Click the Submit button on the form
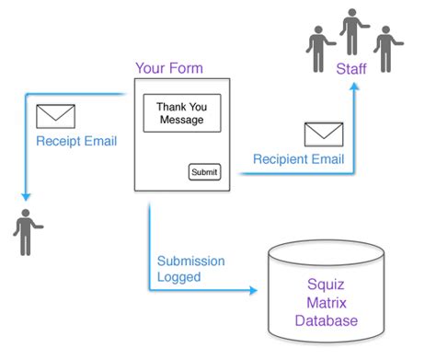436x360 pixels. coord(203,172)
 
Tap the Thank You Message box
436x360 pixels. coord(181,112)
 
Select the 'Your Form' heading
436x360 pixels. coord(169,68)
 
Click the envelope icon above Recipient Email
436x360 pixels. coord(323,134)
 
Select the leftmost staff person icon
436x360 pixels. coord(319,49)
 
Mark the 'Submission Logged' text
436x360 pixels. coord(190,268)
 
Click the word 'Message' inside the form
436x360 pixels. coord(181,120)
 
